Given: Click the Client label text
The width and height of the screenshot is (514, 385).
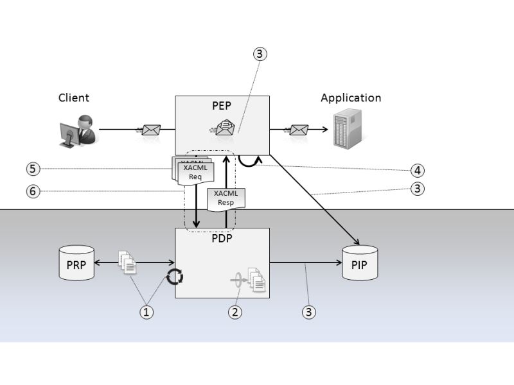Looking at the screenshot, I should tap(74, 98).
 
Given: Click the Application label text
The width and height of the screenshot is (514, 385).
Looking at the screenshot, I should tap(351, 98).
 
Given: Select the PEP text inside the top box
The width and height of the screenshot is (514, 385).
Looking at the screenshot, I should tap(222, 105).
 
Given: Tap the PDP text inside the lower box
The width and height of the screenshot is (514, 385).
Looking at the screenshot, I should tap(222, 237).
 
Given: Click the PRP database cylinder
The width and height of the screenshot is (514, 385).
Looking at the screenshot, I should tap(76, 262).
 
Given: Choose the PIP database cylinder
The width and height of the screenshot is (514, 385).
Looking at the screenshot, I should tap(360, 262).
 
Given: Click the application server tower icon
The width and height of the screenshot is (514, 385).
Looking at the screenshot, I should tap(346, 129).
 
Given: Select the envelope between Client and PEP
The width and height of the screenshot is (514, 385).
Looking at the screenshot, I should tap(150, 130).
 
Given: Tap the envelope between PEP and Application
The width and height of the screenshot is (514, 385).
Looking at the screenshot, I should tap(298, 130).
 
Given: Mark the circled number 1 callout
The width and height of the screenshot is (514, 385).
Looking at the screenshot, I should tap(148, 312).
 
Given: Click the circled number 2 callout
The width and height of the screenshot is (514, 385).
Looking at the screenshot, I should tap(236, 312).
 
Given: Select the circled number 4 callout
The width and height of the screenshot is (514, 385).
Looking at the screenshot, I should tap(418, 171).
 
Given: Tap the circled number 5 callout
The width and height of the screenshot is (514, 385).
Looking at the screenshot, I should tap(33, 169).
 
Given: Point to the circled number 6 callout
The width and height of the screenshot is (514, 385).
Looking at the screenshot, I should tap(33, 191).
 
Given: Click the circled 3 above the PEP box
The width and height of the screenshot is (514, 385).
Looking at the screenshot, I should tap(259, 55).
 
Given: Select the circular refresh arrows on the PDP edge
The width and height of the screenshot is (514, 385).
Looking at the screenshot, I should tap(175, 277).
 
